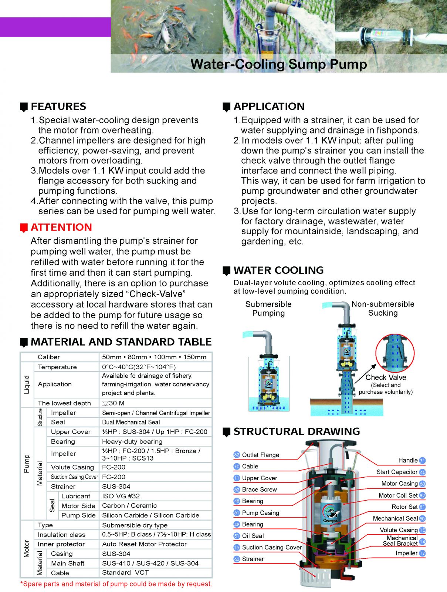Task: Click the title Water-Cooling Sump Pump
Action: click(x=278, y=64)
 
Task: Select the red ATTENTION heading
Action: click(x=61, y=227)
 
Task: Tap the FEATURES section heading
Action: click(x=58, y=107)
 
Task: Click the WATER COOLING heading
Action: click(x=278, y=270)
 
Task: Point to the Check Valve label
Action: click(x=386, y=377)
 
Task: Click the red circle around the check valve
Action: click(x=395, y=354)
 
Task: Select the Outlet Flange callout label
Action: click(x=260, y=455)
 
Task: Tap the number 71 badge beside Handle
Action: click(x=422, y=461)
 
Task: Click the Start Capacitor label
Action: click(x=397, y=472)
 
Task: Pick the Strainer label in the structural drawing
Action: click(x=253, y=559)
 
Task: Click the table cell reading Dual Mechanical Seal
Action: click(x=131, y=422)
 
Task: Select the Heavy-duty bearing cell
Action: click(x=132, y=441)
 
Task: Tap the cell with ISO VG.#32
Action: click(x=121, y=496)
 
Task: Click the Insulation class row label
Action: click(x=61, y=535)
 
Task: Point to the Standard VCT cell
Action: click(x=125, y=572)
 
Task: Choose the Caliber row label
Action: click(x=48, y=357)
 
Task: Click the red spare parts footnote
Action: click(x=116, y=584)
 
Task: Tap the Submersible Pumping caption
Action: click(x=268, y=309)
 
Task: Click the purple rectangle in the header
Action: click(x=55, y=27)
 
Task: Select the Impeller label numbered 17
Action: click(x=406, y=553)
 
